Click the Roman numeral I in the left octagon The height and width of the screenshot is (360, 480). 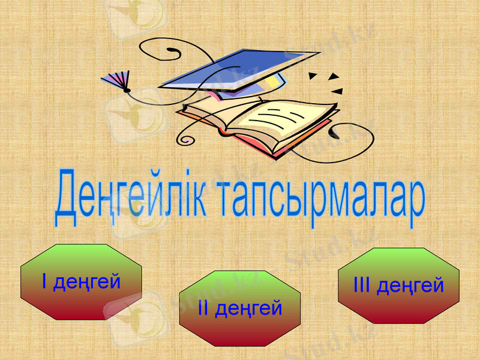click(44, 281)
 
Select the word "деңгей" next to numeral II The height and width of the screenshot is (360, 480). click(248, 310)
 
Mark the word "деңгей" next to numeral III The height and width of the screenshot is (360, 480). click(410, 286)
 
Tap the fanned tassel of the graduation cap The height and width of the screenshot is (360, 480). click(115, 80)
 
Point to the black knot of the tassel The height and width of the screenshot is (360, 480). click(127, 91)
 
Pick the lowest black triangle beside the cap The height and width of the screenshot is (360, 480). click(337, 92)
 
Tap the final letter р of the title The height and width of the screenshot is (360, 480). click(416, 207)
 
